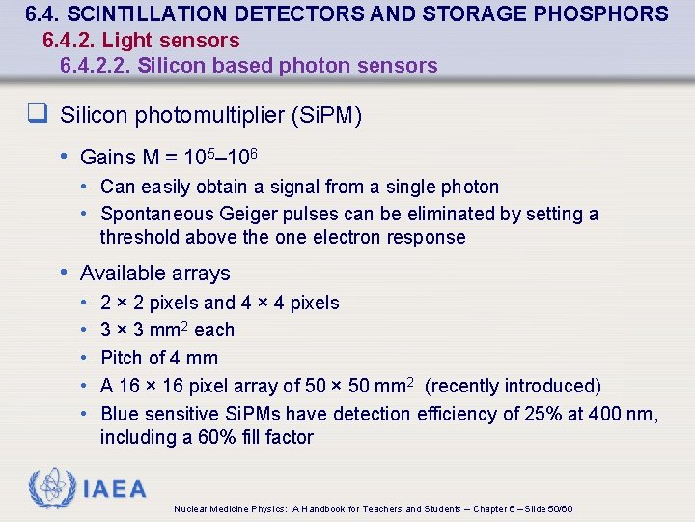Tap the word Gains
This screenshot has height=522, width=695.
(x=108, y=157)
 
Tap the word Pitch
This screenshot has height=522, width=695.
(x=124, y=358)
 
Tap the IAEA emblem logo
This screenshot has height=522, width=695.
(x=50, y=489)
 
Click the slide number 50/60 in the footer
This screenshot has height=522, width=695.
(x=559, y=509)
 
